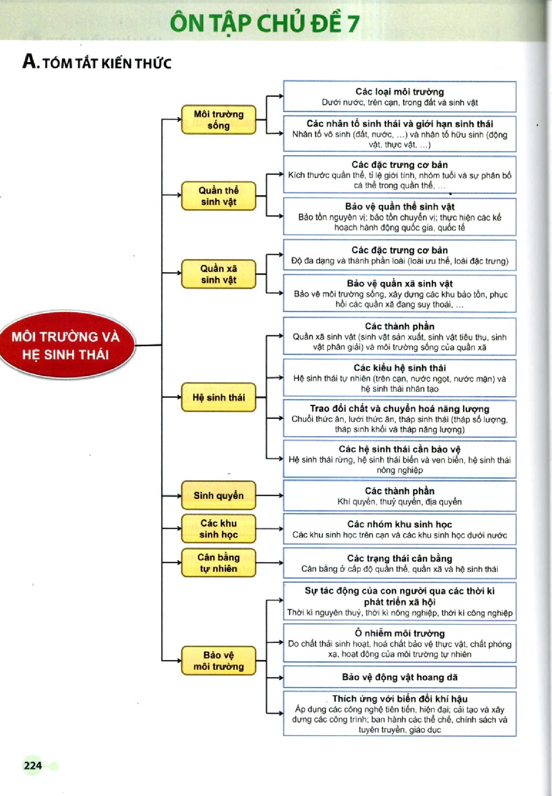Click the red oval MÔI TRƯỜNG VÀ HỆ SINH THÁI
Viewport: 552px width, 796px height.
(x=66, y=345)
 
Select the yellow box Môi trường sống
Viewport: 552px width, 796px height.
(x=219, y=120)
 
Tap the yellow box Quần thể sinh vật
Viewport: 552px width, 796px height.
(x=219, y=196)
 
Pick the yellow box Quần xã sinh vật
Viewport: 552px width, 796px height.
(x=219, y=274)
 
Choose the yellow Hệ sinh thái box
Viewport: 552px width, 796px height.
(x=219, y=397)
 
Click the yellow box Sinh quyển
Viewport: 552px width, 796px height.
(x=219, y=495)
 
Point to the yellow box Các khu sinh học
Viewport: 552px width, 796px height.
(x=219, y=529)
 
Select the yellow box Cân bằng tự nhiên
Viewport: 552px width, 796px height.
(x=219, y=563)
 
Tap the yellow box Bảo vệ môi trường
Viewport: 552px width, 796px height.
(x=219, y=661)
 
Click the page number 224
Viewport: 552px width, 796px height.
(x=33, y=765)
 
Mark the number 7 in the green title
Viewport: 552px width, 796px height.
(x=353, y=24)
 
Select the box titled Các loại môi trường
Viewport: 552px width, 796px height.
(x=399, y=96)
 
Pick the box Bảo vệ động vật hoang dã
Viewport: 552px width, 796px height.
(x=399, y=677)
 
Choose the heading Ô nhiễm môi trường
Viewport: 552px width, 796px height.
(x=399, y=633)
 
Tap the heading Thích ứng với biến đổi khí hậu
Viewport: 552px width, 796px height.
(x=399, y=698)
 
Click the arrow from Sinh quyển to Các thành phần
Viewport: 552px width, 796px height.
(x=270, y=495)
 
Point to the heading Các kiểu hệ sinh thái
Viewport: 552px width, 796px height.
(x=399, y=368)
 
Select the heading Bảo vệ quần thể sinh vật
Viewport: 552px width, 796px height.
(x=399, y=206)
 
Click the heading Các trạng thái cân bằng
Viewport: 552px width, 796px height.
(x=399, y=558)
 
